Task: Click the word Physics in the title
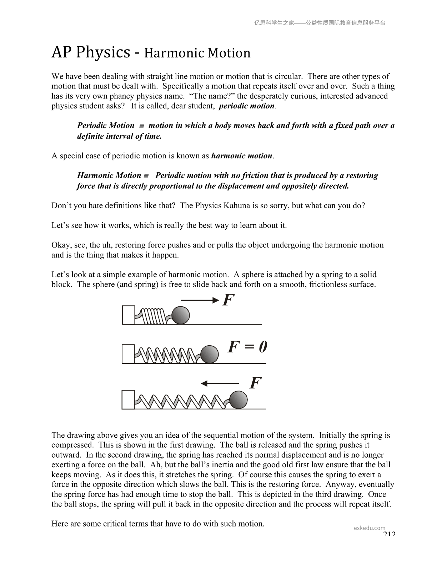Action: click(x=103, y=52)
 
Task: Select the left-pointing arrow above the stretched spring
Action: click(x=220, y=383)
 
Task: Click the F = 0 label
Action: click(x=247, y=347)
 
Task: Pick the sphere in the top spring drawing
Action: click(x=181, y=315)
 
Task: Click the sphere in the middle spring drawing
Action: click(x=209, y=354)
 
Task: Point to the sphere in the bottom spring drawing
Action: click(x=238, y=399)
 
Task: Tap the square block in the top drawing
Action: click(x=129, y=315)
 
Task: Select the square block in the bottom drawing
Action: click(x=128, y=399)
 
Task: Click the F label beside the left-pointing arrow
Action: click(x=255, y=383)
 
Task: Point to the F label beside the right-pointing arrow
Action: click(x=228, y=300)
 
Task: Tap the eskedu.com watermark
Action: click(x=370, y=528)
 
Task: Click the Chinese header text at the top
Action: click(x=320, y=23)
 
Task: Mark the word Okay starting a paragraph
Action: click(x=60, y=245)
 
